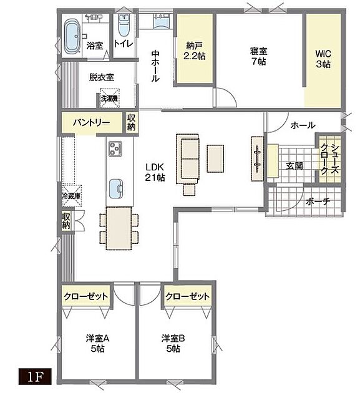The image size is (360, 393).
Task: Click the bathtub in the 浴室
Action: click(x=72, y=37)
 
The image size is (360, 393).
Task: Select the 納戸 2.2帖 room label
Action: click(x=194, y=51)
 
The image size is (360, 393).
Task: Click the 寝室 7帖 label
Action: click(x=258, y=56)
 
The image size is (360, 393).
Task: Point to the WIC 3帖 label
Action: click(x=323, y=59)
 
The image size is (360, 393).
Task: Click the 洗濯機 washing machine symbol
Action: click(x=110, y=98)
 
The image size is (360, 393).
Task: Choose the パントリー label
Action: click(x=92, y=123)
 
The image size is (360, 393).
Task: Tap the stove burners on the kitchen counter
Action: click(x=115, y=148)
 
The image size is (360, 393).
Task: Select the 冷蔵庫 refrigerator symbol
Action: click(x=72, y=196)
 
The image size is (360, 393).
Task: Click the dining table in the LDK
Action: click(x=119, y=228)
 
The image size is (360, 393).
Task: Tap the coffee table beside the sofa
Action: click(x=215, y=158)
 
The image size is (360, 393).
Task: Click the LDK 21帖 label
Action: click(x=155, y=172)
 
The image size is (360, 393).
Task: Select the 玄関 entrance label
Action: click(x=294, y=166)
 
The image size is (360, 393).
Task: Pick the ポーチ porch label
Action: click(x=318, y=201)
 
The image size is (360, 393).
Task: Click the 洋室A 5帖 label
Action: click(x=97, y=343)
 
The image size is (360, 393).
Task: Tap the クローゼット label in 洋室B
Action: click(x=187, y=296)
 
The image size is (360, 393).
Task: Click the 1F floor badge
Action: click(x=34, y=376)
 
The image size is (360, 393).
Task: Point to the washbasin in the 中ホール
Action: click(x=162, y=21)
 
